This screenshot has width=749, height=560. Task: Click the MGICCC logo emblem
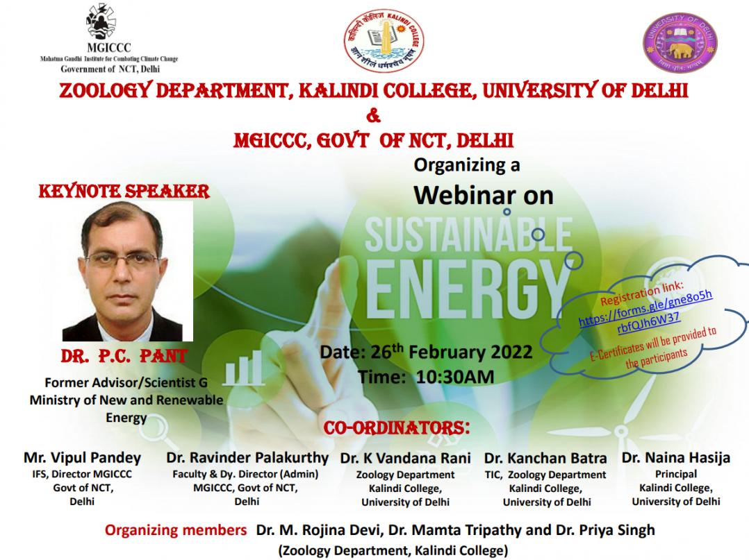point(101,21)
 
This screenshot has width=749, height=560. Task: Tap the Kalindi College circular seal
point(384,41)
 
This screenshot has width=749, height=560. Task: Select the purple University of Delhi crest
point(680,44)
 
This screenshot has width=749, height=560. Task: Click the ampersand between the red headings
point(374,115)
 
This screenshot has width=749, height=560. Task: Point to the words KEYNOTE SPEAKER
point(124,191)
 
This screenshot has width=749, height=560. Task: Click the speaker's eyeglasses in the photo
point(122,260)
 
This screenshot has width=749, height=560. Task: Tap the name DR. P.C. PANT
point(124,356)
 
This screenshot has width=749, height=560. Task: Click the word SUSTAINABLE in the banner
point(468,235)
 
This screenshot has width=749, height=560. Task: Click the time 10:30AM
point(454,377)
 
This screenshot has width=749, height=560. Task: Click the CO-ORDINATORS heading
point(397,427)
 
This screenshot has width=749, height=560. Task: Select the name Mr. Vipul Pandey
point(82,457)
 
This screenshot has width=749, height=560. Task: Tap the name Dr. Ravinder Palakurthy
point(247,457)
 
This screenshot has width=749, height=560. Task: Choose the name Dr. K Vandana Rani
point(406,458)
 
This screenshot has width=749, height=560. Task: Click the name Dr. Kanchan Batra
point(545,458)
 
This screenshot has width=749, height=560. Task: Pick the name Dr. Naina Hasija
point(676,457)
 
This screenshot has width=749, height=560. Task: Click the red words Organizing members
point(176,530)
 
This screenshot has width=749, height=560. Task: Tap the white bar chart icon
point(244,368)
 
